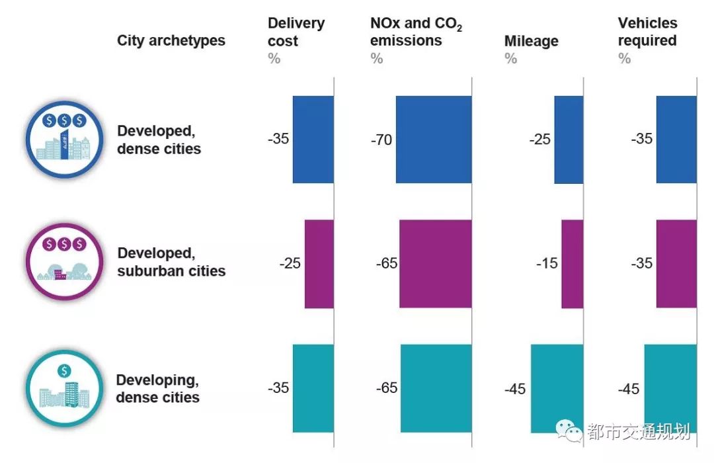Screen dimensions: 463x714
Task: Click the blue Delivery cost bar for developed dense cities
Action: (x=313, y=139)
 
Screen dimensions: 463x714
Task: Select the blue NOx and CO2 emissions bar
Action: (x=434, y=139)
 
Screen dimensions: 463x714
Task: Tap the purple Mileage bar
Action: (x=573, y=264)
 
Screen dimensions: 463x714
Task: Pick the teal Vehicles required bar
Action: (x=670, y=388)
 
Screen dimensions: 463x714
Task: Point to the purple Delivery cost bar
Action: (x=319, y=264)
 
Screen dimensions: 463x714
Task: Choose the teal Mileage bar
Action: (x=557, y=388)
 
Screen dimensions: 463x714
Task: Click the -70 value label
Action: (x=382, y=140)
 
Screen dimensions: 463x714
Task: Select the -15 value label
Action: (x=547, y=263)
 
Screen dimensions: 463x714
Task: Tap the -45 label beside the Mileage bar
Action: (x=515, y=389)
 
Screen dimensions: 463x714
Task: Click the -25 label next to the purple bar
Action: (x=290, y=263)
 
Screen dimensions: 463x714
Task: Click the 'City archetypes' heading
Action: (x=171, y=40)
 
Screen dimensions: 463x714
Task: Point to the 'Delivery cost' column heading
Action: (x=296, y=32)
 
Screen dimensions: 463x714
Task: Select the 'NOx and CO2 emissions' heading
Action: (x=416, y=32)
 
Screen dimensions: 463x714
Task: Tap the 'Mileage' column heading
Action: (x=531, y=41)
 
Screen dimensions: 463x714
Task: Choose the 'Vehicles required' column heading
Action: (x=647, y=32)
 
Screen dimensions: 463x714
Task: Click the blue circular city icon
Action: (x=64, y=140)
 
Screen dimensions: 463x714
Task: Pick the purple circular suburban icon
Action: (x=64, y=262)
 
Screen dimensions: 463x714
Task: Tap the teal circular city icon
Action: (x=64, y=388)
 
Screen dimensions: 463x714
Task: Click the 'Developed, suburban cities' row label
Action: (x=171, y=262)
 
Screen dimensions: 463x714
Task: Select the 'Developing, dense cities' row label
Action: (x=157, y=388)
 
